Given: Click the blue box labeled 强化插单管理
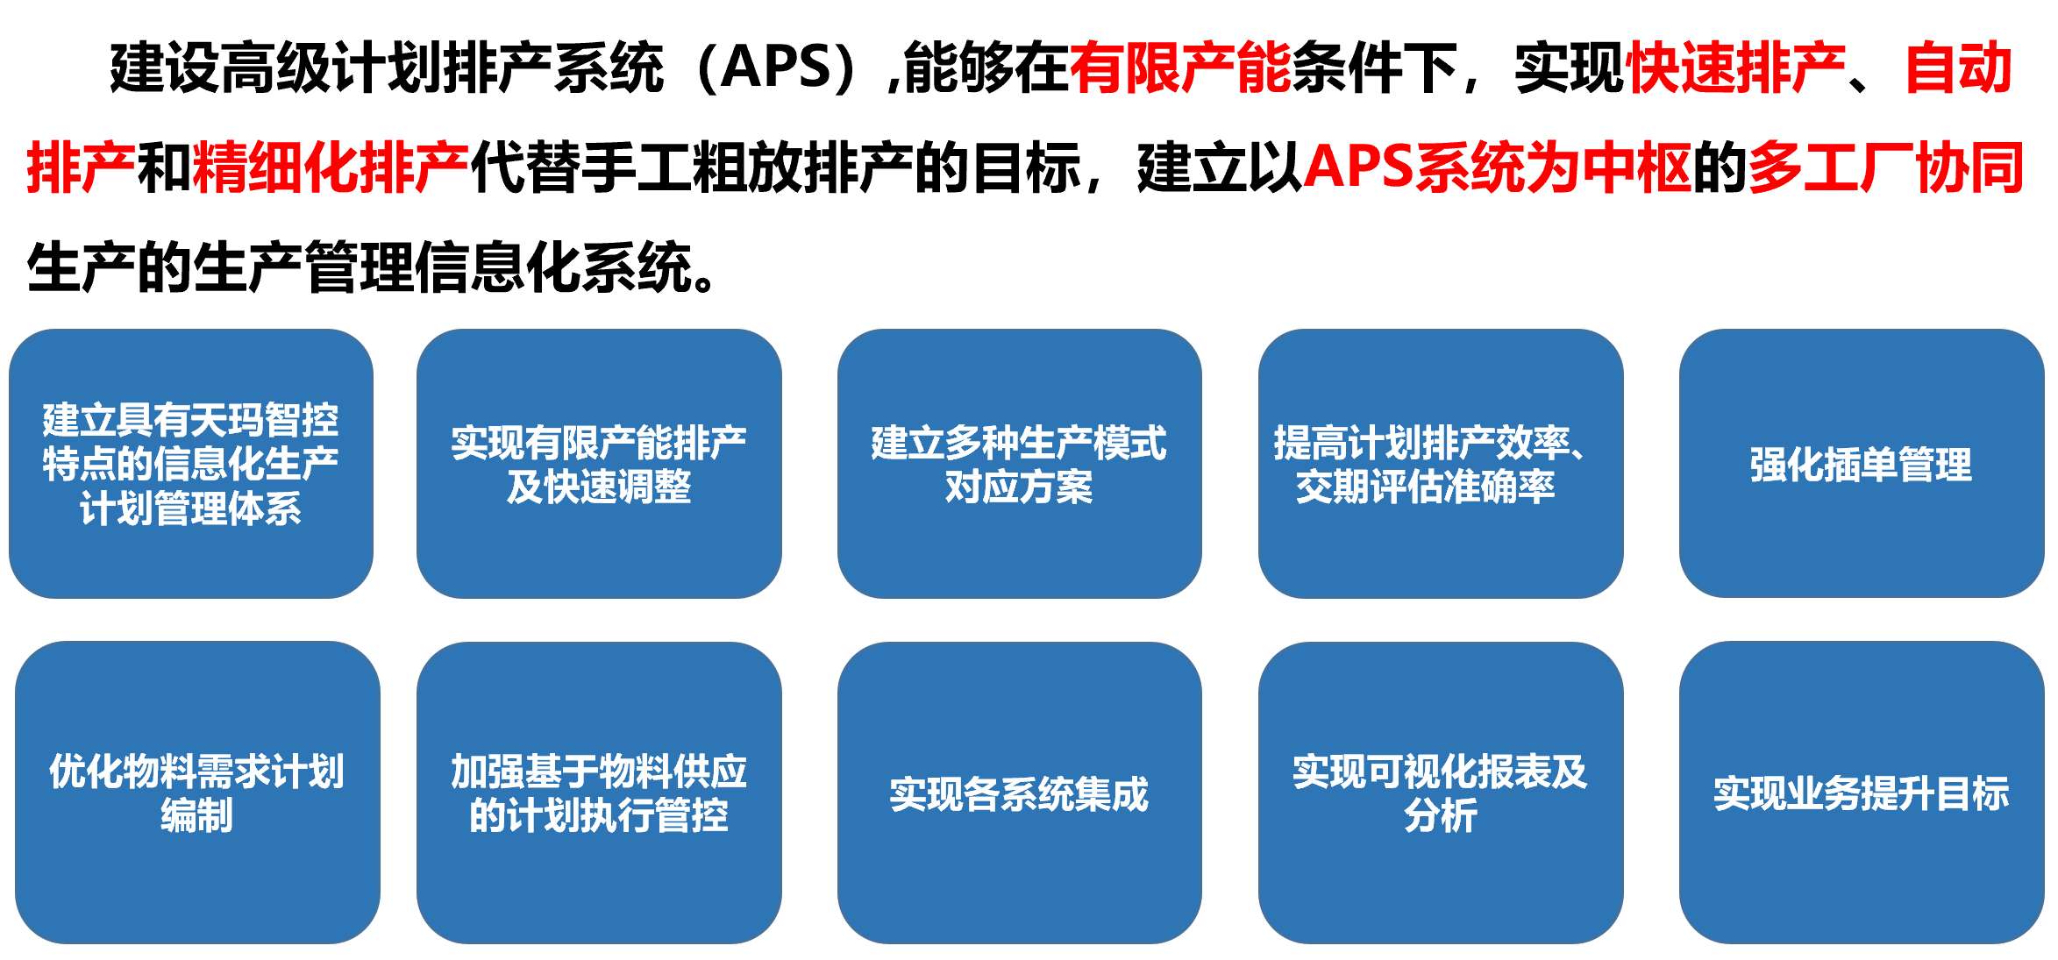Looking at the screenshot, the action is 1861,464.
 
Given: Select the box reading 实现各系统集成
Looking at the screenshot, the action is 1019,793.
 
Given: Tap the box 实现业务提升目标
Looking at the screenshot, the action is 1861,793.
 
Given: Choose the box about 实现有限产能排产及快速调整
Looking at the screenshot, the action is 599,464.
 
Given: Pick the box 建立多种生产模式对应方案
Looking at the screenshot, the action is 1019,464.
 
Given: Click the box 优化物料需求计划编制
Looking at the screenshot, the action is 197,793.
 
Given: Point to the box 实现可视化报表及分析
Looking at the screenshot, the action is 1440,793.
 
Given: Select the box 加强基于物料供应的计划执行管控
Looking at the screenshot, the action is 599,793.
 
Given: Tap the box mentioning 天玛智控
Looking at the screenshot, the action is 191,464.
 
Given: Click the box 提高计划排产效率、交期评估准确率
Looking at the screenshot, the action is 1440,464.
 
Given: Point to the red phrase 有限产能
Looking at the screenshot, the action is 1179,68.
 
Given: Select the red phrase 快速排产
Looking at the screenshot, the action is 1736,68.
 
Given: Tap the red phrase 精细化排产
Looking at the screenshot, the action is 331,167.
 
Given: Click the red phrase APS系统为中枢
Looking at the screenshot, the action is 1498,167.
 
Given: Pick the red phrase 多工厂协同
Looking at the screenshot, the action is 1885,167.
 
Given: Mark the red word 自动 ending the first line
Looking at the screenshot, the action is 1959,68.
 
